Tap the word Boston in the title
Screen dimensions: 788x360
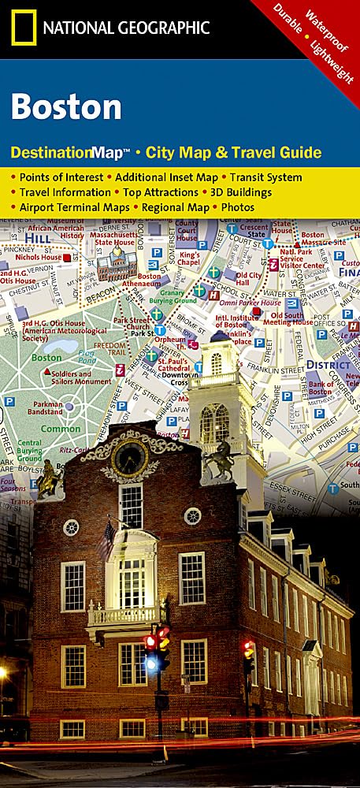(x=66, y=107)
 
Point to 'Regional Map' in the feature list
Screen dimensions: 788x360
(x=177, y=207)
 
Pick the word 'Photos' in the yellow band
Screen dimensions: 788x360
(x=237, y=207)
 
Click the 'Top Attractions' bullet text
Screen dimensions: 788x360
(x=156, y=192)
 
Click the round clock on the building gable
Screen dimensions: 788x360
(x=129, y=457)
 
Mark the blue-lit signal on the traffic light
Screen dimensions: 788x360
(x=150, y=662)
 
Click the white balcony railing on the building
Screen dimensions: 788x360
(x=126, y=613)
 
